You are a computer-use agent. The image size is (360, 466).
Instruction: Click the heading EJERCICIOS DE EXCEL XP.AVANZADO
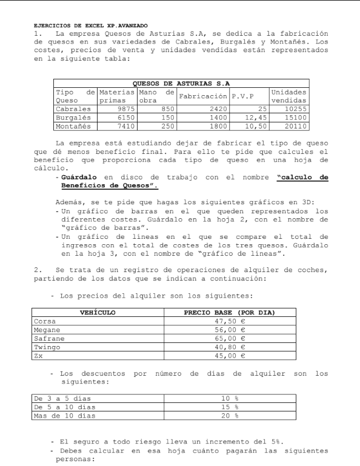pyautogui.click(x=92, y=26)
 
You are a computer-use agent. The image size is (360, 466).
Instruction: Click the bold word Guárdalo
pyautogui.click(x=75, y=178)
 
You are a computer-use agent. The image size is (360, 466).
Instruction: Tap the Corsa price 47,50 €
pyautogui.click(x=229, y=321)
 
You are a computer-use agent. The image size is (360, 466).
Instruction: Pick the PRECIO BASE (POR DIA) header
pyautogui.click(x=229, y=313)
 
